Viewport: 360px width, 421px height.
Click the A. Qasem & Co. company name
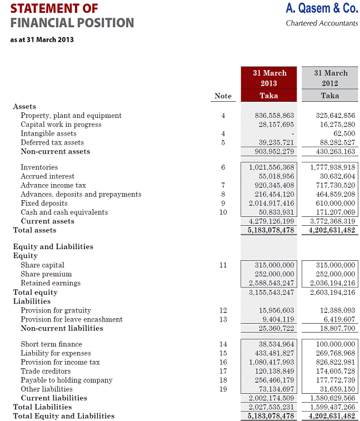pyautogui.click(x=322, y=8)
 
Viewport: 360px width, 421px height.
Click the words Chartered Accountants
pyautogui.click(x=322, y=23)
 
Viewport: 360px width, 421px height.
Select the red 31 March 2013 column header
pyautogui.click(x=269, y=84)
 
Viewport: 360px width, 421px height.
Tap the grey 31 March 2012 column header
pyautogui.click(x=330, y=84)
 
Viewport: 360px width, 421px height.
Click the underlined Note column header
pyautogui.click(x=223, y=96)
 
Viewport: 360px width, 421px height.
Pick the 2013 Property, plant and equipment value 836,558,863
pyautogui.click(x=272, y=116)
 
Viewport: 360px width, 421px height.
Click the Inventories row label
pyautogui.click(x=39, y=167)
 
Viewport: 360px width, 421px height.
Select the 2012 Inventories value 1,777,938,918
pyautogui.click(x=332, y=167)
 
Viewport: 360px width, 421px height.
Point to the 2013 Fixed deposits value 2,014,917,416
pyautogui.click(x=272, y=204)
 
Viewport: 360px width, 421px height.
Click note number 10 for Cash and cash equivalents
pyautogui.click(x=223, y=212)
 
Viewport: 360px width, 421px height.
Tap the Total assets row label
pyautogui.click(x=34, y=230)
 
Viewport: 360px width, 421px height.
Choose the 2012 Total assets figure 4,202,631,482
pyautogui.click(x=332, y=230)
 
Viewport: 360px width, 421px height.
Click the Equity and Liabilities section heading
pyautogui.click(x=53, y=247)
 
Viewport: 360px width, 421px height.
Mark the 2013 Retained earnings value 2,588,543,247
pyautogui.click(x=272, y=283)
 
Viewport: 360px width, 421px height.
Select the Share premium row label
pyautogui.click(x=46, y=274)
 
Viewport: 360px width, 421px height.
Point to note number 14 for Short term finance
pyautogui.click(x=223, y=344)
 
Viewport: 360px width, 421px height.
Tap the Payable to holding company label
pyautogui.click(x=67, y=380)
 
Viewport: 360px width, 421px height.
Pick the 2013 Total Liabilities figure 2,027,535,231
pyautogui.click(x=272, y=407)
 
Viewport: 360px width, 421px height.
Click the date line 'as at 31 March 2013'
pyautogui.click(x=42, y=39)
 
